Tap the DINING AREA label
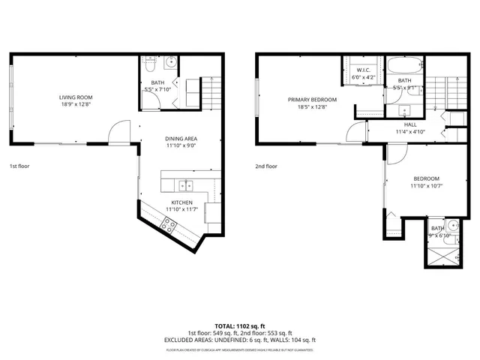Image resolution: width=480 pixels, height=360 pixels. pyautogui.click(x=181, y=139)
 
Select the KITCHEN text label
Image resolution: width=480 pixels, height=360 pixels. pyautogui.click(x=181, y=202)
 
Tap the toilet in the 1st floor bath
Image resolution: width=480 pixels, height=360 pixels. pyautogui.click(x=150, y=64)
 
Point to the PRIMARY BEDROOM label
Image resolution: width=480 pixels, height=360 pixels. pyautogui.click(x=312, y=99)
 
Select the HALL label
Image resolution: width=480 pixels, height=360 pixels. pyautogui.click(x=410, y=125)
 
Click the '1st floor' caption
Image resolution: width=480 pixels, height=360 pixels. pyautogui.click(x=20, y=166)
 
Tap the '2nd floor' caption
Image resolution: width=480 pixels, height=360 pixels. pyautogui.click(x=266, y=166)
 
